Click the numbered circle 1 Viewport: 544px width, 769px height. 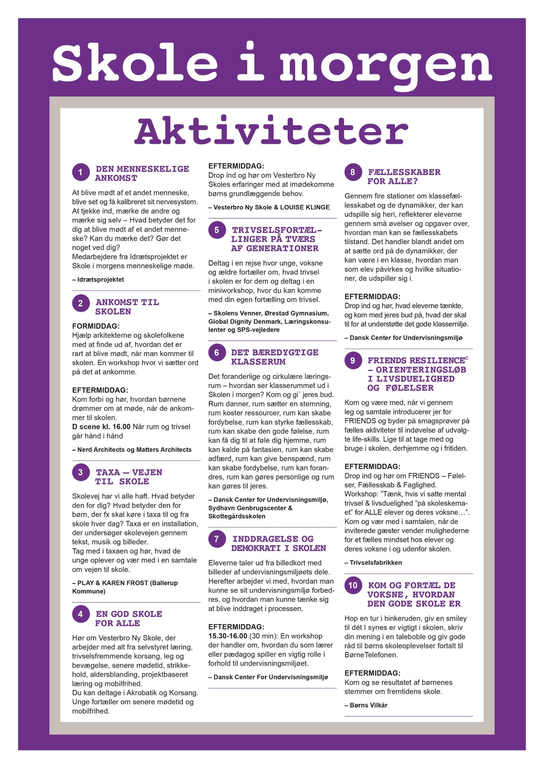81,172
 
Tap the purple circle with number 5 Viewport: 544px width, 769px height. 217,230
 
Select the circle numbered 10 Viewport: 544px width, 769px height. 353,585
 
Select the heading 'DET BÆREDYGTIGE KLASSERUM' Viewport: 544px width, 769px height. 274,357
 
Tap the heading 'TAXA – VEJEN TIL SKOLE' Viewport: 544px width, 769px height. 129,477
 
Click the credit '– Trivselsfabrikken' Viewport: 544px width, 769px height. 373,562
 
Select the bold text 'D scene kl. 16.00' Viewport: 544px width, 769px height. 101,427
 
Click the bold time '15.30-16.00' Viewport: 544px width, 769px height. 228,636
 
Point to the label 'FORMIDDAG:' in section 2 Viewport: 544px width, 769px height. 96,326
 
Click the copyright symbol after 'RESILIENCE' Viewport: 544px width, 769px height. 467,358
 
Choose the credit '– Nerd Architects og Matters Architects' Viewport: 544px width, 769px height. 132,450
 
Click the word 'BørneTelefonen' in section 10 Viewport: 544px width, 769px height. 371,655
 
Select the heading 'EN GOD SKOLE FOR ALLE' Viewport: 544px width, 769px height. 129,618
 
